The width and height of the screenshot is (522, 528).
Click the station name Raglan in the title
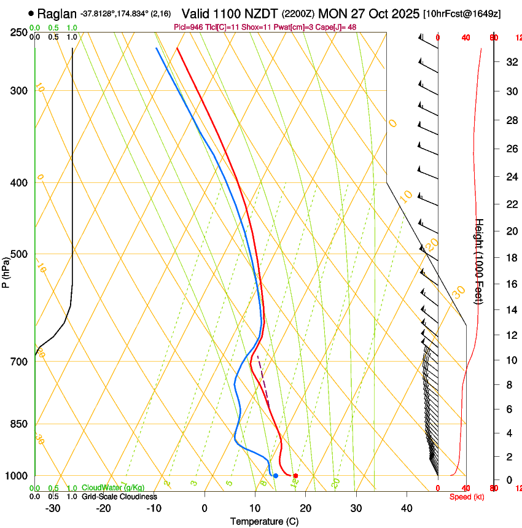tap(56, 13)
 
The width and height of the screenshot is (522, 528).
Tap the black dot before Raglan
tap(31, 13)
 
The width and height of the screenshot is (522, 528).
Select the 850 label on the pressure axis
tap(20, 424)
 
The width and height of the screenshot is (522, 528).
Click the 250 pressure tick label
tap(20, 33)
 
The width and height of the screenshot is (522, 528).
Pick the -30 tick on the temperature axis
tap(53, 508)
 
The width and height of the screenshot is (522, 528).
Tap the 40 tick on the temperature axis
tap(407, 508)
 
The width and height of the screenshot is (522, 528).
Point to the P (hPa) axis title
tap(6, 270)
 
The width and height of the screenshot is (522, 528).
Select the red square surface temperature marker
tap(295, 476)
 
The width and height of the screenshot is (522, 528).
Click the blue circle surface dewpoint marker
tap(276, 476)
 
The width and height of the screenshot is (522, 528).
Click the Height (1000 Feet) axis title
tap(479, 261)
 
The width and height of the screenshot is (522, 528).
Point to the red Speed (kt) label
tap(466, 497)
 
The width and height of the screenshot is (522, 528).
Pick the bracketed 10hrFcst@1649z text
tap(462, 14)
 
